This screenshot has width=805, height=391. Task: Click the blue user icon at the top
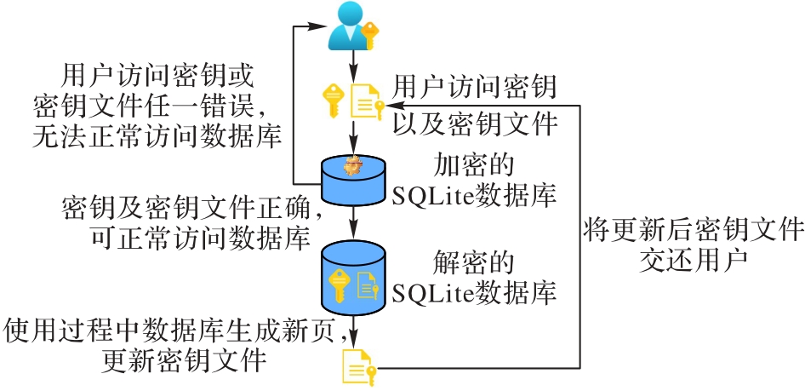350,25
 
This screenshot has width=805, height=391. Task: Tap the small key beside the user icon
369,34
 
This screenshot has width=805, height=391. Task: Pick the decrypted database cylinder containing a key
353,278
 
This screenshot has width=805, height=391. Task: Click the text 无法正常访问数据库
157,135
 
